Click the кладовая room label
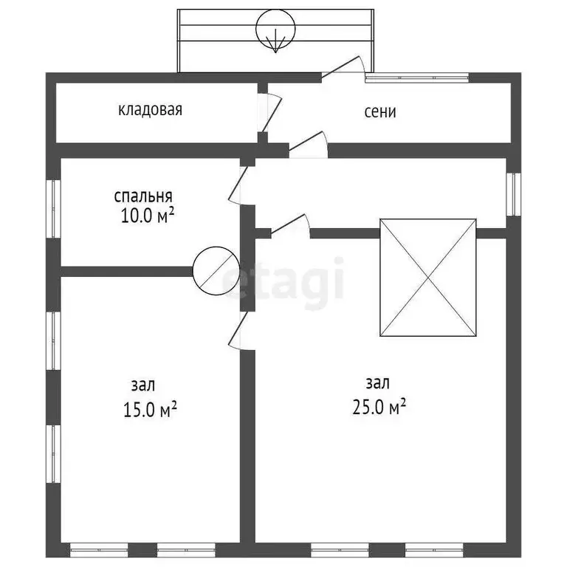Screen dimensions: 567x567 [x=150, y=110]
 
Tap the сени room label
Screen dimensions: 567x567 [x=380, y=111]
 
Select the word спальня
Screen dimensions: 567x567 [x=143, y=196]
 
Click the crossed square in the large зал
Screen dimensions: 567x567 [x=427, y=278]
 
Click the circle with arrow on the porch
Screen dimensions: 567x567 [x=275, y=30]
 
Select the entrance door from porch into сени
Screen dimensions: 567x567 [x=341, y=68]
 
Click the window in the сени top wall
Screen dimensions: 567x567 [x=417, y=77]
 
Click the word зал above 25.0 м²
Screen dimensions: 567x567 [x=378, y=383]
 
